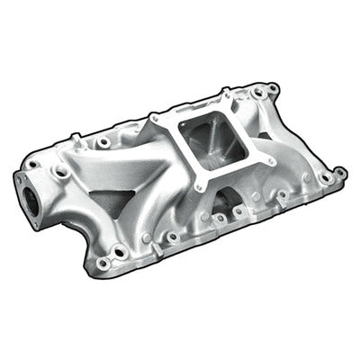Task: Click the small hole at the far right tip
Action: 341,172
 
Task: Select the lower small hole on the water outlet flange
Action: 60,171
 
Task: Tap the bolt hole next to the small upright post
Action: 104,142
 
